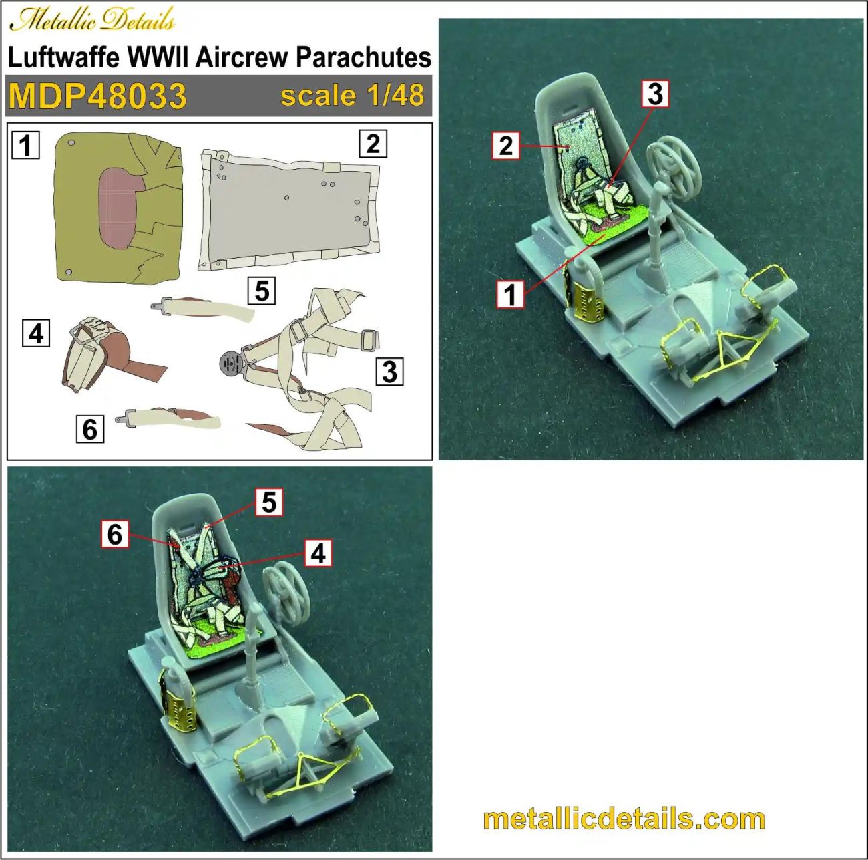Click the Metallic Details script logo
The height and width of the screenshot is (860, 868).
click(x=92, y=20)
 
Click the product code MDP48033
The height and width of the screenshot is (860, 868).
click(x=97, y=96)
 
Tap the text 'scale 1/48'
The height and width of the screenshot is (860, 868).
click(x=352, y=95)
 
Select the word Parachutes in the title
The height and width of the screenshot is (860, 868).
click(x=363, y=57)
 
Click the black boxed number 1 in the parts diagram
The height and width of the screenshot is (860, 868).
click(x=26, y=144)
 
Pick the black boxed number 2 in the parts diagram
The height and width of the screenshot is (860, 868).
click(x=373, y=143)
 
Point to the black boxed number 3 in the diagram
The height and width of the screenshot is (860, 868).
click(x=390, y=371)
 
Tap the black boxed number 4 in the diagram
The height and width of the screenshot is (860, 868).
click(x=36, y=333)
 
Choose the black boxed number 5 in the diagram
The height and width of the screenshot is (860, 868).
click(x=262, y=291)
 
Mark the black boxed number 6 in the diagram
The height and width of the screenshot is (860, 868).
click(x=90, y=428)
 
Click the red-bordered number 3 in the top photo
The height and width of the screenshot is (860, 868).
click(x=656, y=94)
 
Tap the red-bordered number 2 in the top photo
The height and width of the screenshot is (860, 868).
click(x=506, y=145)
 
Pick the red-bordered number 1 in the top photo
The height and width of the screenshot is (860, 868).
click(x=511, y=294)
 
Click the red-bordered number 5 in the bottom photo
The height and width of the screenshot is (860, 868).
click(x=269, y=502)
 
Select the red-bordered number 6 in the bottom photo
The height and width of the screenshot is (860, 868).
click(x=115, y=534)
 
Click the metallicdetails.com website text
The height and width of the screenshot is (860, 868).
click(x=624, y=819)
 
